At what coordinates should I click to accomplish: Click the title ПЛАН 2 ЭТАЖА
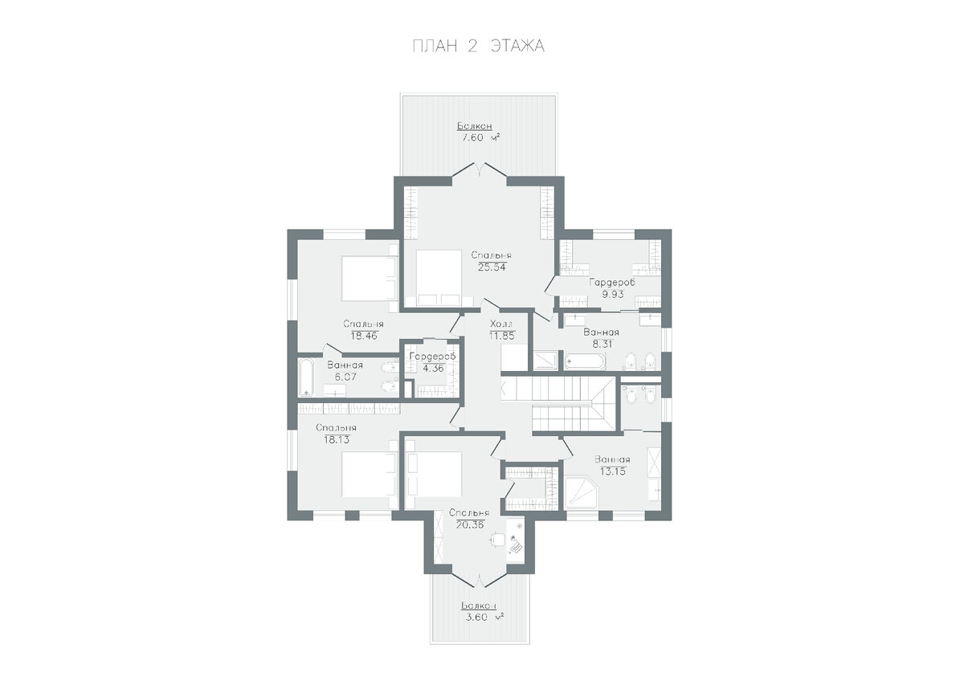(479, 46)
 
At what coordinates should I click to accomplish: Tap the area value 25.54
(492, 267)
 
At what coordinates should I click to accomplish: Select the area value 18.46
(364, 336)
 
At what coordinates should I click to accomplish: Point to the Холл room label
(501, 324)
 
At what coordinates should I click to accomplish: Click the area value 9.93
(613, 295)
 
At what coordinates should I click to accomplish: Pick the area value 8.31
(602, 345)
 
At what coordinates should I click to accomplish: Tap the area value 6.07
(345, 377)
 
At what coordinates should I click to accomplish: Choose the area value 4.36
(432, 369)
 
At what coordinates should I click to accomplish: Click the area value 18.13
(337, 440)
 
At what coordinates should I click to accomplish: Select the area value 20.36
(471, 525)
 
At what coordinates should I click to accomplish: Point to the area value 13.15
(613, 471)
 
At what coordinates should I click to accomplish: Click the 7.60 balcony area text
(480, 137)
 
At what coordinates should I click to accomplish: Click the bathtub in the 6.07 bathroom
(306, 377)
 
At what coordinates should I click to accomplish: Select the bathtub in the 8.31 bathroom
(586, 361)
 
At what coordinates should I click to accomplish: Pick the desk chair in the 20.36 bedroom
(498, 539)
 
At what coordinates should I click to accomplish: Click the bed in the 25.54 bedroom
(439, 279)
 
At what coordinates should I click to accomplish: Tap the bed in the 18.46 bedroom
(370, 279)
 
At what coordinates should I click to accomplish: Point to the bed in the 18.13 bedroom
(370, 475)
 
